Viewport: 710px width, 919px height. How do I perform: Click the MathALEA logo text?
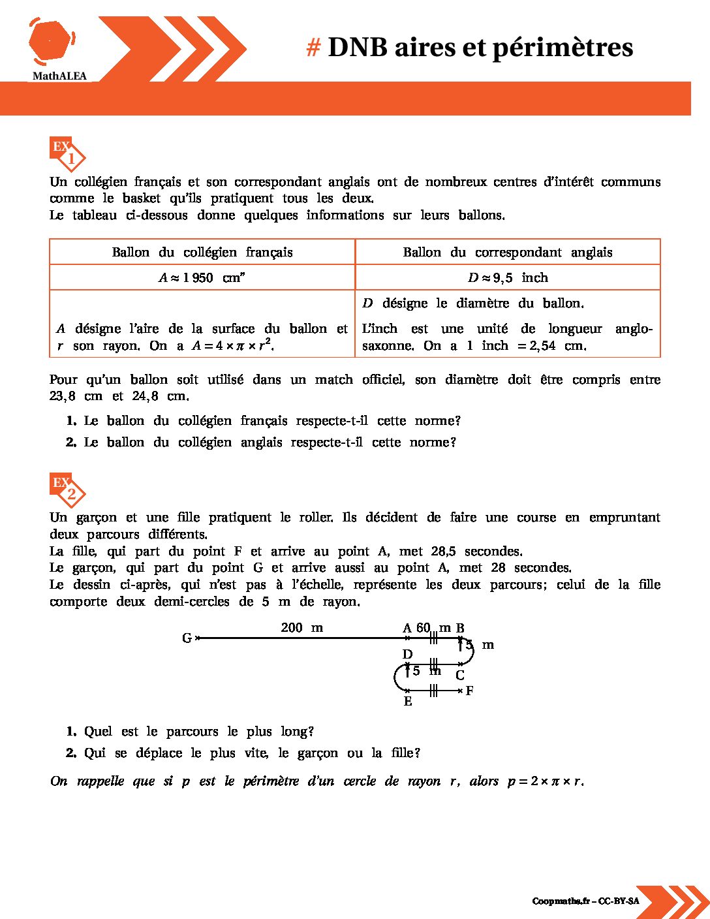pos(59,76)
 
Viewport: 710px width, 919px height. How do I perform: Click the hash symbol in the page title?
pos(313,48)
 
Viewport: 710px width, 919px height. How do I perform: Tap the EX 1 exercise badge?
pos(67,154)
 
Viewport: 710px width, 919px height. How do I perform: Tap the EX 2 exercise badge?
pos(67,490)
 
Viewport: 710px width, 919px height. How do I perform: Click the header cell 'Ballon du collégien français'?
pos(202,253)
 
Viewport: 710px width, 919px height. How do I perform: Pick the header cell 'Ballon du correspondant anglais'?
pos(507,253)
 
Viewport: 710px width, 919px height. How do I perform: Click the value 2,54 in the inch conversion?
pos(542,346)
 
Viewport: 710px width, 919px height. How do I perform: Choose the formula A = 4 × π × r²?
pos(232,346)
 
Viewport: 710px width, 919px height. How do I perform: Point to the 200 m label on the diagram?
pos(301,628)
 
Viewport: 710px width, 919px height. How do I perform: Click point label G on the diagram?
pos(187,638)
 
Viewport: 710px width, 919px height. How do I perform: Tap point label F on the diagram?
pos(469,691)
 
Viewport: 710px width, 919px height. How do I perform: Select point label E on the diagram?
pos(408,702)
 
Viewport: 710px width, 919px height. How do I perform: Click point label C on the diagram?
pos(460,676)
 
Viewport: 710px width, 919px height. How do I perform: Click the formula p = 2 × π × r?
pos(545,781)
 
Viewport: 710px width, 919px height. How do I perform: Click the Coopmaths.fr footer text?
pos(585,901)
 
